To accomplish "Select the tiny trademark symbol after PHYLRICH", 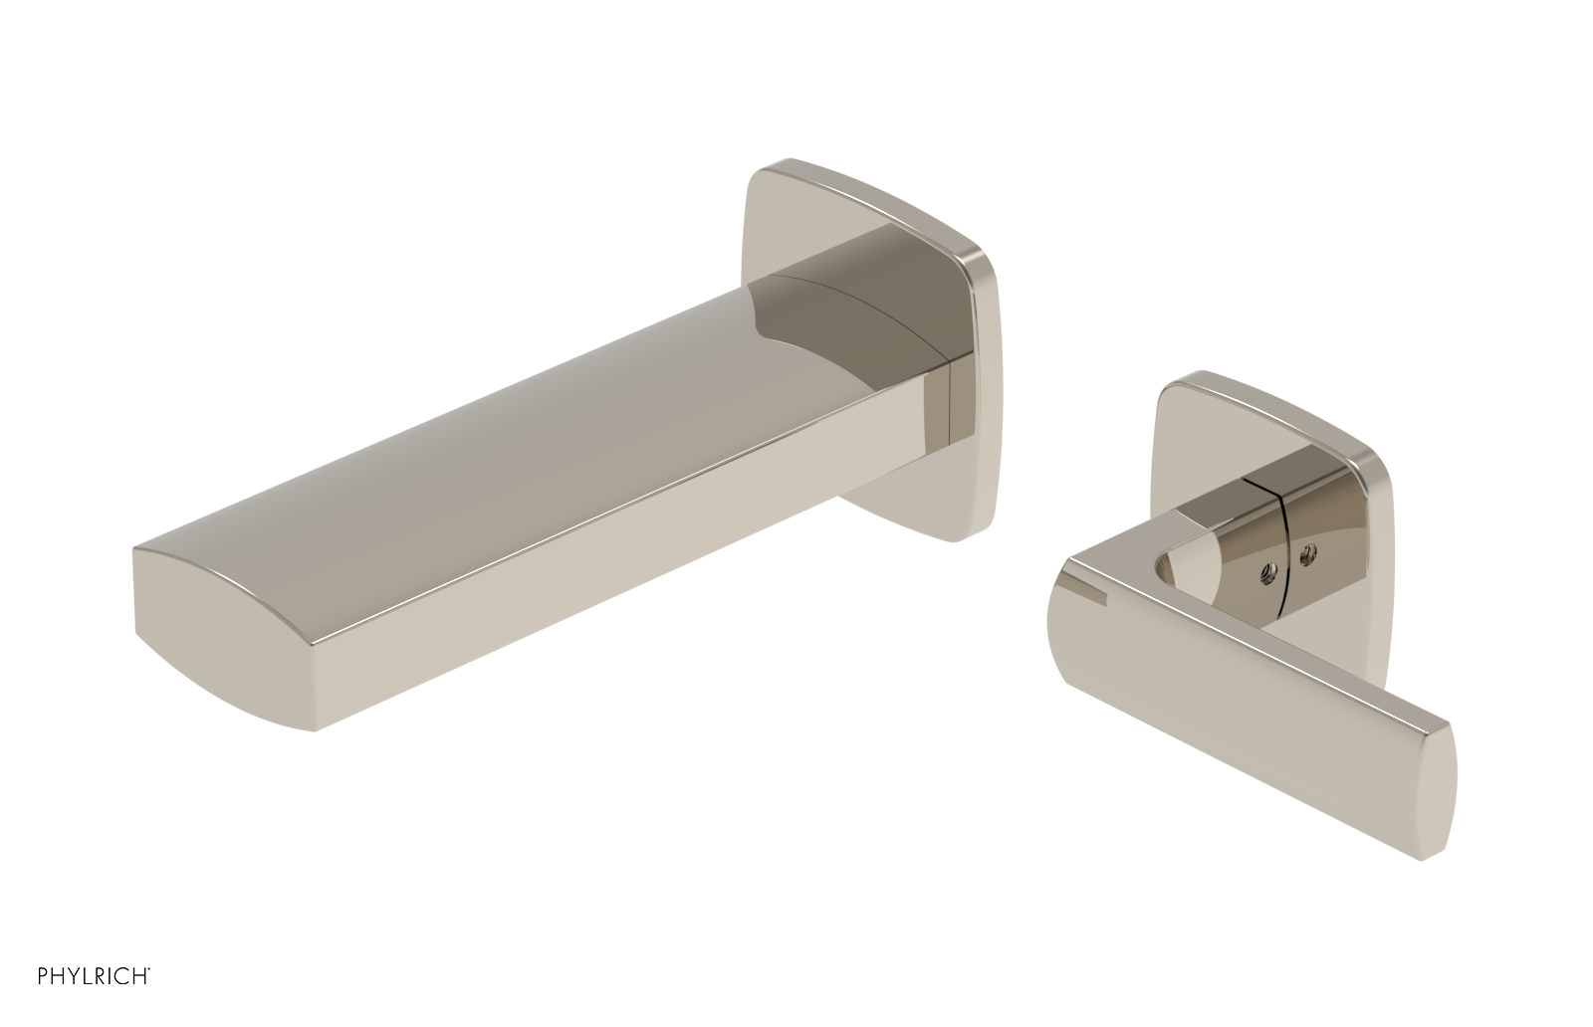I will (x=150, y=993).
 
